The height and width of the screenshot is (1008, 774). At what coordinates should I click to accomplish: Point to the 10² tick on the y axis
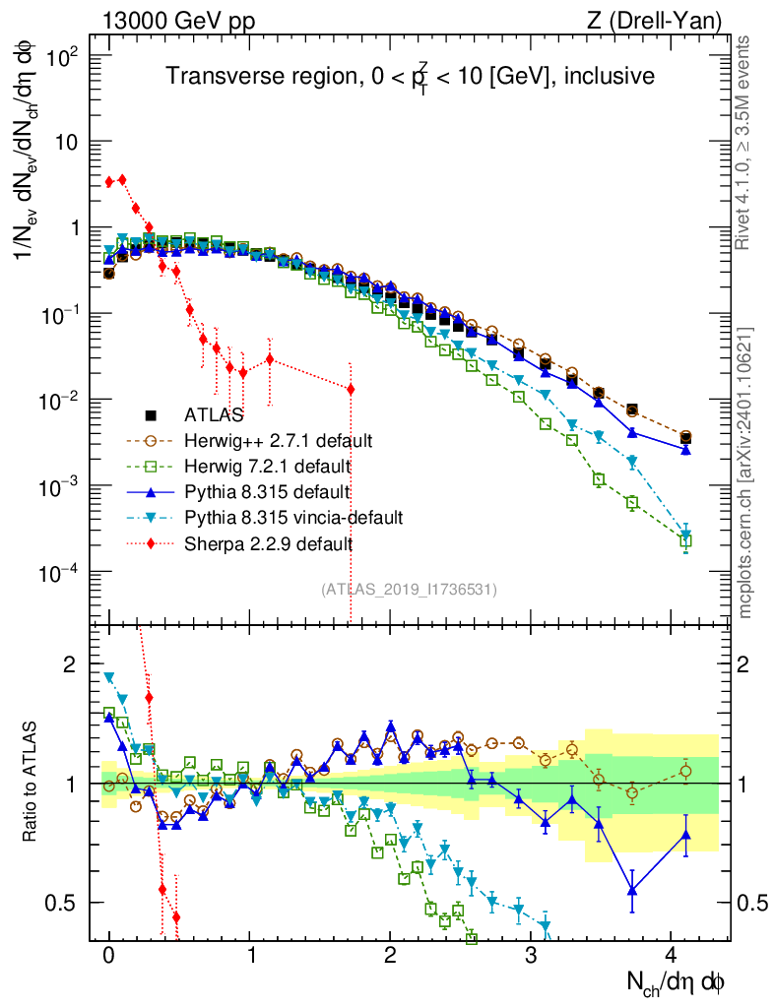coord(65,56)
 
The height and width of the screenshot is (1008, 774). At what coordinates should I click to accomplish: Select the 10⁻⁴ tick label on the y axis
coord(65,573)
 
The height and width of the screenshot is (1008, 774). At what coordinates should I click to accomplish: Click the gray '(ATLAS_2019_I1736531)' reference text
coord(409,590)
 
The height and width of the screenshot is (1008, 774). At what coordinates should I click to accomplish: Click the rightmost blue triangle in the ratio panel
coord(686,836)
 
